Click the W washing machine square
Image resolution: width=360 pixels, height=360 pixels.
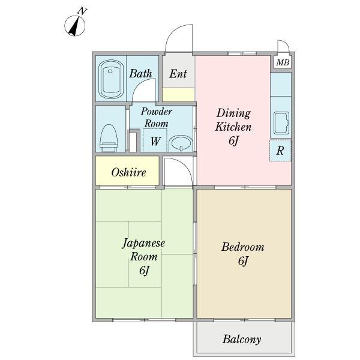pyautogui.click(x=155, y=141)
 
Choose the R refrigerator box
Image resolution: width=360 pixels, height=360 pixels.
pyautogui.click(x=280, y=150)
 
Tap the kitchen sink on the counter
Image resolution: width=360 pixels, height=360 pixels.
pyautogui.click(x=281, y=123)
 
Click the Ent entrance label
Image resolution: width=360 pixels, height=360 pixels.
pyautogui.click(x=178, y=74)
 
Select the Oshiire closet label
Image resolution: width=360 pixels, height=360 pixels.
pyautogui.click(x=128, y=172)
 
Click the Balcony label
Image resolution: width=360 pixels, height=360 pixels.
pyautogui.click(x=242, y=340)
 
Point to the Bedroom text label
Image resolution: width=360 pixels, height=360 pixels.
pyautogui.click(x=242, y=247)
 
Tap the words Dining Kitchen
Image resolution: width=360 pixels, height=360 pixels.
pyautogui.click(x=233, y=120)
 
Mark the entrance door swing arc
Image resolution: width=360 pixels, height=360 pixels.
pyautogui.click(x=178, y=40)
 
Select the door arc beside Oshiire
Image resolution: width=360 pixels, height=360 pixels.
pyautogui.click(x=179, y=172)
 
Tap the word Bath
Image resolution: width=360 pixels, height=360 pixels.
pyautogui.click(x=140, y=74)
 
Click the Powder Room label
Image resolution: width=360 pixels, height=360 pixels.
pyautogui.click(x=156, y=117)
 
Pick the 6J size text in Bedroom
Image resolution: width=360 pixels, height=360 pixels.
pyautogui.click(x=242, y=262)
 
